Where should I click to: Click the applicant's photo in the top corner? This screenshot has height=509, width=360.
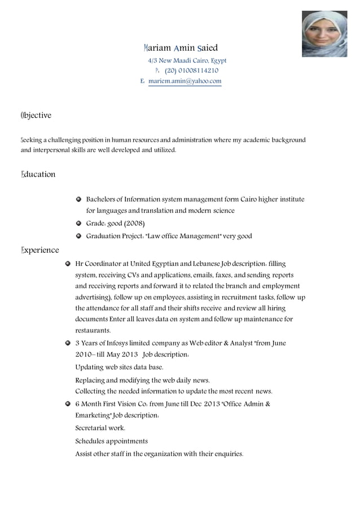324,34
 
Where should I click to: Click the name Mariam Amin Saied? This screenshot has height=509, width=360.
181,48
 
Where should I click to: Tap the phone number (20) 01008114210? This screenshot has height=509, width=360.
191,71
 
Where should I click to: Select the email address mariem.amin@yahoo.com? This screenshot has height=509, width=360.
185,81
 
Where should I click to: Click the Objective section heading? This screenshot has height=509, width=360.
36,115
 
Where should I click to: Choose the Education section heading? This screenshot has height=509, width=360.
38,174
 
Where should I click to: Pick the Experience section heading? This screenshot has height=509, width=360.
39,250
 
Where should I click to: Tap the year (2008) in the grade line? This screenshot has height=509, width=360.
134,223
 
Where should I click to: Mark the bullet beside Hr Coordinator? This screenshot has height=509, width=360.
68,264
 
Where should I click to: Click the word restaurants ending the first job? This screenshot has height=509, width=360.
93,331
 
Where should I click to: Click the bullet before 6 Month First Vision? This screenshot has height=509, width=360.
68,404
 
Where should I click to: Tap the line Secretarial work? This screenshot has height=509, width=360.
100,428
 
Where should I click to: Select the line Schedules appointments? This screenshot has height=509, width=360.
111,441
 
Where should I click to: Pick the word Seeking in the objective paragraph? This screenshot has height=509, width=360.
31,139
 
